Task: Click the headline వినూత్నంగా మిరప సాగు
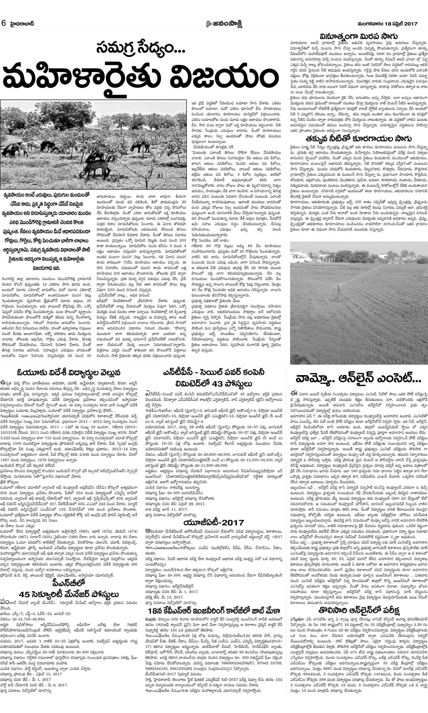pos(358,36)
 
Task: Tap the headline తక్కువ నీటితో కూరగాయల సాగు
pos(358,139)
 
